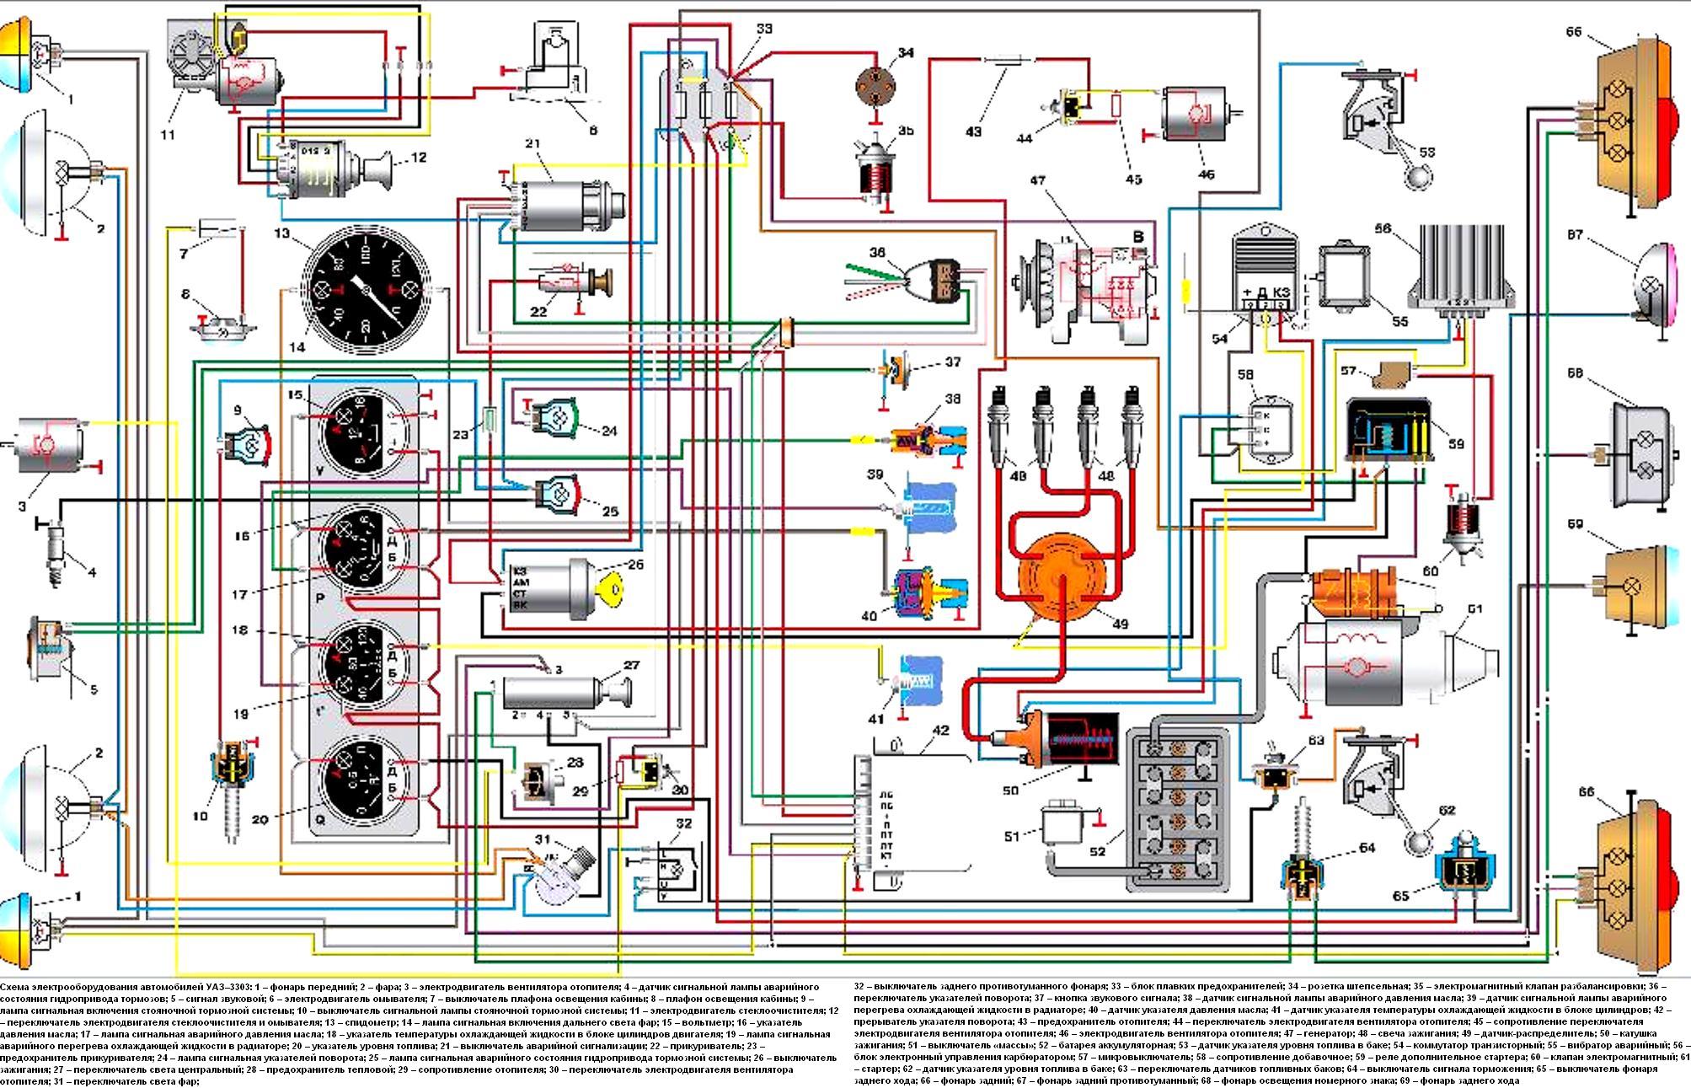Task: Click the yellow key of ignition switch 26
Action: click(x=613, y=587)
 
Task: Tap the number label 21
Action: click(x=532, y=144)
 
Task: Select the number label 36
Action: click(x=878, y=253)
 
